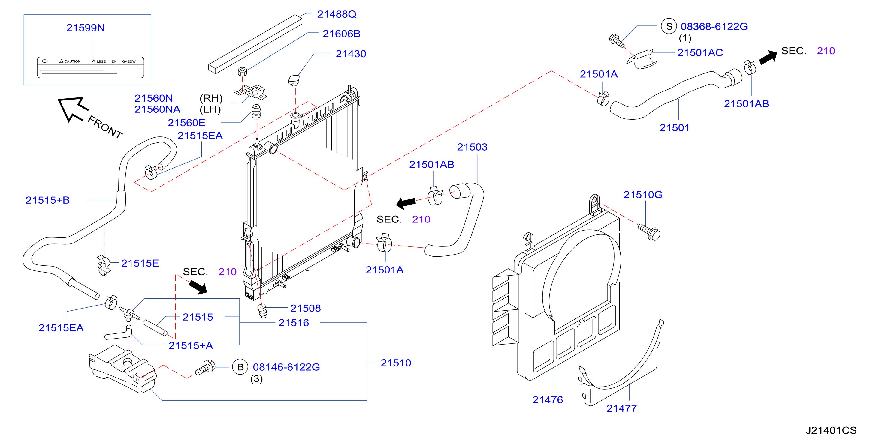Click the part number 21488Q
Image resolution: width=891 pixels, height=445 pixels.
[x=337, y=14]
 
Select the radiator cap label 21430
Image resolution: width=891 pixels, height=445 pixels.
[x=351, y=54]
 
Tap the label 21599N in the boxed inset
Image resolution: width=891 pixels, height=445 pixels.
[x=86, y=28]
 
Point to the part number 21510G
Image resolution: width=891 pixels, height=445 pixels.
[x=643, y=195]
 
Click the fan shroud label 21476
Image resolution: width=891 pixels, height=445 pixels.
[x=548, y=400]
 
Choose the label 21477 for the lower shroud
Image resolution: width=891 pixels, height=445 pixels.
[x=621, y=408]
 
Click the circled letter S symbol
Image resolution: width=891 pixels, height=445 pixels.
[x=669, y=26]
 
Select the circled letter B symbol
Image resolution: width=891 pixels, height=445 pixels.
[x=240, y=367]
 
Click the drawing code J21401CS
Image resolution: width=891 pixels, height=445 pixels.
[x=831, y=431]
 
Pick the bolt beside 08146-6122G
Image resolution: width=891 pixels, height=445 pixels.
[x=205, y=367]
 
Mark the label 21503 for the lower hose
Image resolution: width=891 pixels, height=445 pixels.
[x=472, y=147]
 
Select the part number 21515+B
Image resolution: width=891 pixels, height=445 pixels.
[x=48, y=200]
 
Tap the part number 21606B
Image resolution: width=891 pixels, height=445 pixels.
[x=341, y=34]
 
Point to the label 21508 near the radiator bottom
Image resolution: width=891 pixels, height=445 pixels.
[x=305, y=308]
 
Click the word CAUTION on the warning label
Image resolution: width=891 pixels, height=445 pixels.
[x=72, y=61]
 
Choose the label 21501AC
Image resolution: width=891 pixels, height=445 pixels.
[x=700, y=52]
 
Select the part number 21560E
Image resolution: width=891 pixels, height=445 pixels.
[x=186, y=123]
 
